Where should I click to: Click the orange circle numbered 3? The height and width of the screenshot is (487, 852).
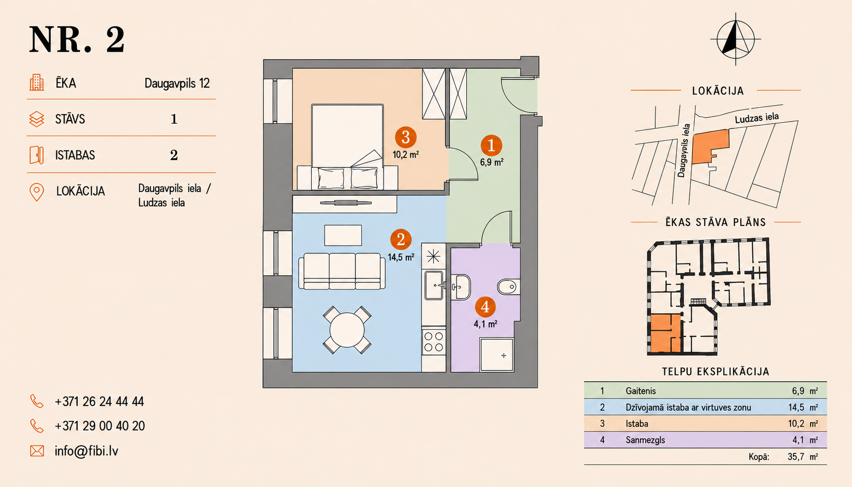[x=406, y=137]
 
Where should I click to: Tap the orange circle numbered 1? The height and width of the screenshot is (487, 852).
[x=491, y=145]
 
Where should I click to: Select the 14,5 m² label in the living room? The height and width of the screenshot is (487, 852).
[x=401, y=257]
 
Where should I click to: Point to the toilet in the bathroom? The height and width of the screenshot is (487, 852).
[x=508, y=287]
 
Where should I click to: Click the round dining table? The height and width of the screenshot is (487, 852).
[x=347, y=330]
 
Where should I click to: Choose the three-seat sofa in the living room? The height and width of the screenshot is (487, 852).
[x=342, y=271]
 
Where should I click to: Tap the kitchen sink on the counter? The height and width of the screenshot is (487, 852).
[x=434, y=285]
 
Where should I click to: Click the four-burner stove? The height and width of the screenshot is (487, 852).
[x=433, y=342]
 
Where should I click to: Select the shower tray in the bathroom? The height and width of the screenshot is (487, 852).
[x=497, y=354]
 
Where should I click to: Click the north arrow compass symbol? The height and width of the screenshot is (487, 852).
[x=735, y=39]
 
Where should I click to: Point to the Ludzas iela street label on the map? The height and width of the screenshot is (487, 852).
[x=756, y=118]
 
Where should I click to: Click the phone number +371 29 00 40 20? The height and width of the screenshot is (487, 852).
[x=100, y=426]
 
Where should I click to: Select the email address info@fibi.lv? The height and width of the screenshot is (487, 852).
[x=86, y=451]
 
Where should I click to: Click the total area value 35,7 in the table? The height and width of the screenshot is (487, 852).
[x=796, y=457]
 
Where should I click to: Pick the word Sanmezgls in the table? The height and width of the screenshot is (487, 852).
[x=646, y=440]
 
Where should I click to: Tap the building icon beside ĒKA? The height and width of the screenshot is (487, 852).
[x=36, y=83]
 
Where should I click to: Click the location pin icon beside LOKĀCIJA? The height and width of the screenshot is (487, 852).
[x=36, y=192]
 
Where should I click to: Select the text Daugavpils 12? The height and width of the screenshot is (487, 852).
[x=177, y=83]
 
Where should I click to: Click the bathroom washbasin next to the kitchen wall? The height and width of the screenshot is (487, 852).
[x=461, y=287]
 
